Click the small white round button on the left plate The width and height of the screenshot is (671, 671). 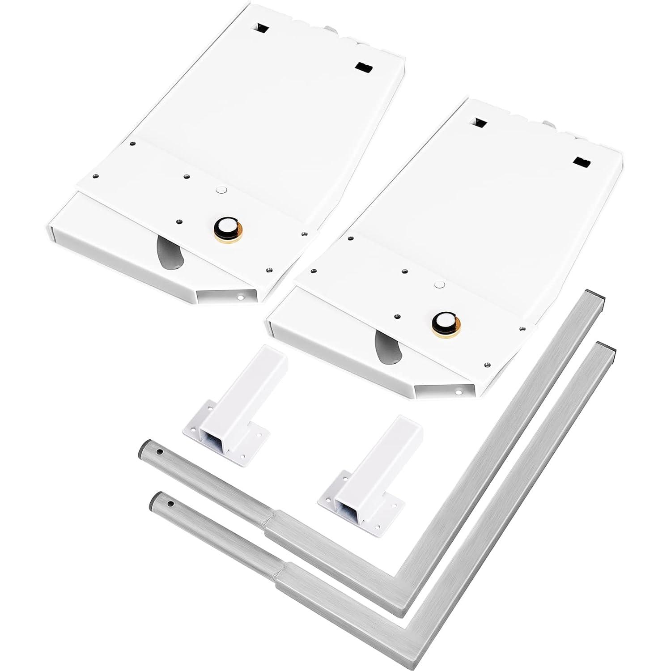pos(220,190)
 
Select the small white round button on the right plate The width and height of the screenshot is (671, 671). pos(439,285)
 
